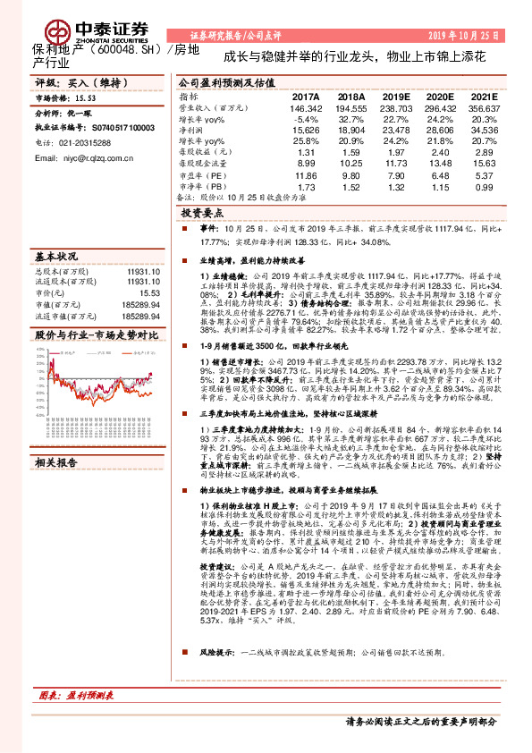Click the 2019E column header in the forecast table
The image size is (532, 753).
click(393, 97)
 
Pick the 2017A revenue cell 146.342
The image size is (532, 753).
click(305, 107)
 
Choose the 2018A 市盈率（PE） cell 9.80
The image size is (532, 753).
click(351, 176)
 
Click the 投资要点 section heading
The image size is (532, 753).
click(199, 215)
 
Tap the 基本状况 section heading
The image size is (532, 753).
click(56, 255)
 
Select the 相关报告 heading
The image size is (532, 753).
click(56, 462)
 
